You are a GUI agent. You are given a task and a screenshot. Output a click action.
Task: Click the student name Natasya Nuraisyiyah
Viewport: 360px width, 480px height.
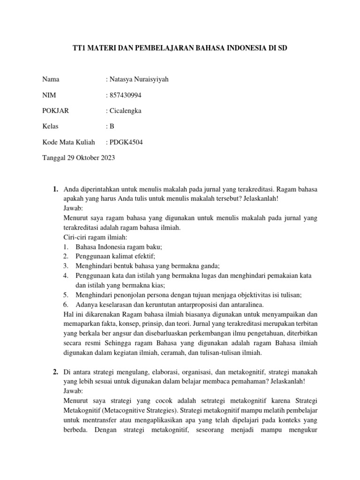pyautogui.click(x=138, y=79)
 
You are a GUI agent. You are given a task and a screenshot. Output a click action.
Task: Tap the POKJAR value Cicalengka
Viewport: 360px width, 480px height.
pyautogui.click(x=126, y=111)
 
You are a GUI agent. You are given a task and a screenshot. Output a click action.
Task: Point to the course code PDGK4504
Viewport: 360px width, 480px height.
pyautogui.click(x=125, y=142)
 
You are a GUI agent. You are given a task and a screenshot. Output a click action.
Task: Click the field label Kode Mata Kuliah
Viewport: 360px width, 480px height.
pyautogui.click(x=68, y=142)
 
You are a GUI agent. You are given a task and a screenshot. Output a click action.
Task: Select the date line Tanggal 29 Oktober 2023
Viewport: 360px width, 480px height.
pyautogui.click(x=78, y=158)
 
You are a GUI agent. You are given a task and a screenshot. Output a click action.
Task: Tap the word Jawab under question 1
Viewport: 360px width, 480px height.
pyautogui.click(x=73, y=208)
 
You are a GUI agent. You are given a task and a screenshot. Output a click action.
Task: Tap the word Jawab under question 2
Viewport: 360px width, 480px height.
pyautogui.click(x=73, y=390)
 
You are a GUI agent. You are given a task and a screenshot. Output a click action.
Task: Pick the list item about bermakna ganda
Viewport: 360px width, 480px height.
pyautogui.click(x=148, y=266)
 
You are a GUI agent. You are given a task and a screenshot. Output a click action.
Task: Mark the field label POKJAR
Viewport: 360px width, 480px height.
pyautogui.click(x=55, y=111)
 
